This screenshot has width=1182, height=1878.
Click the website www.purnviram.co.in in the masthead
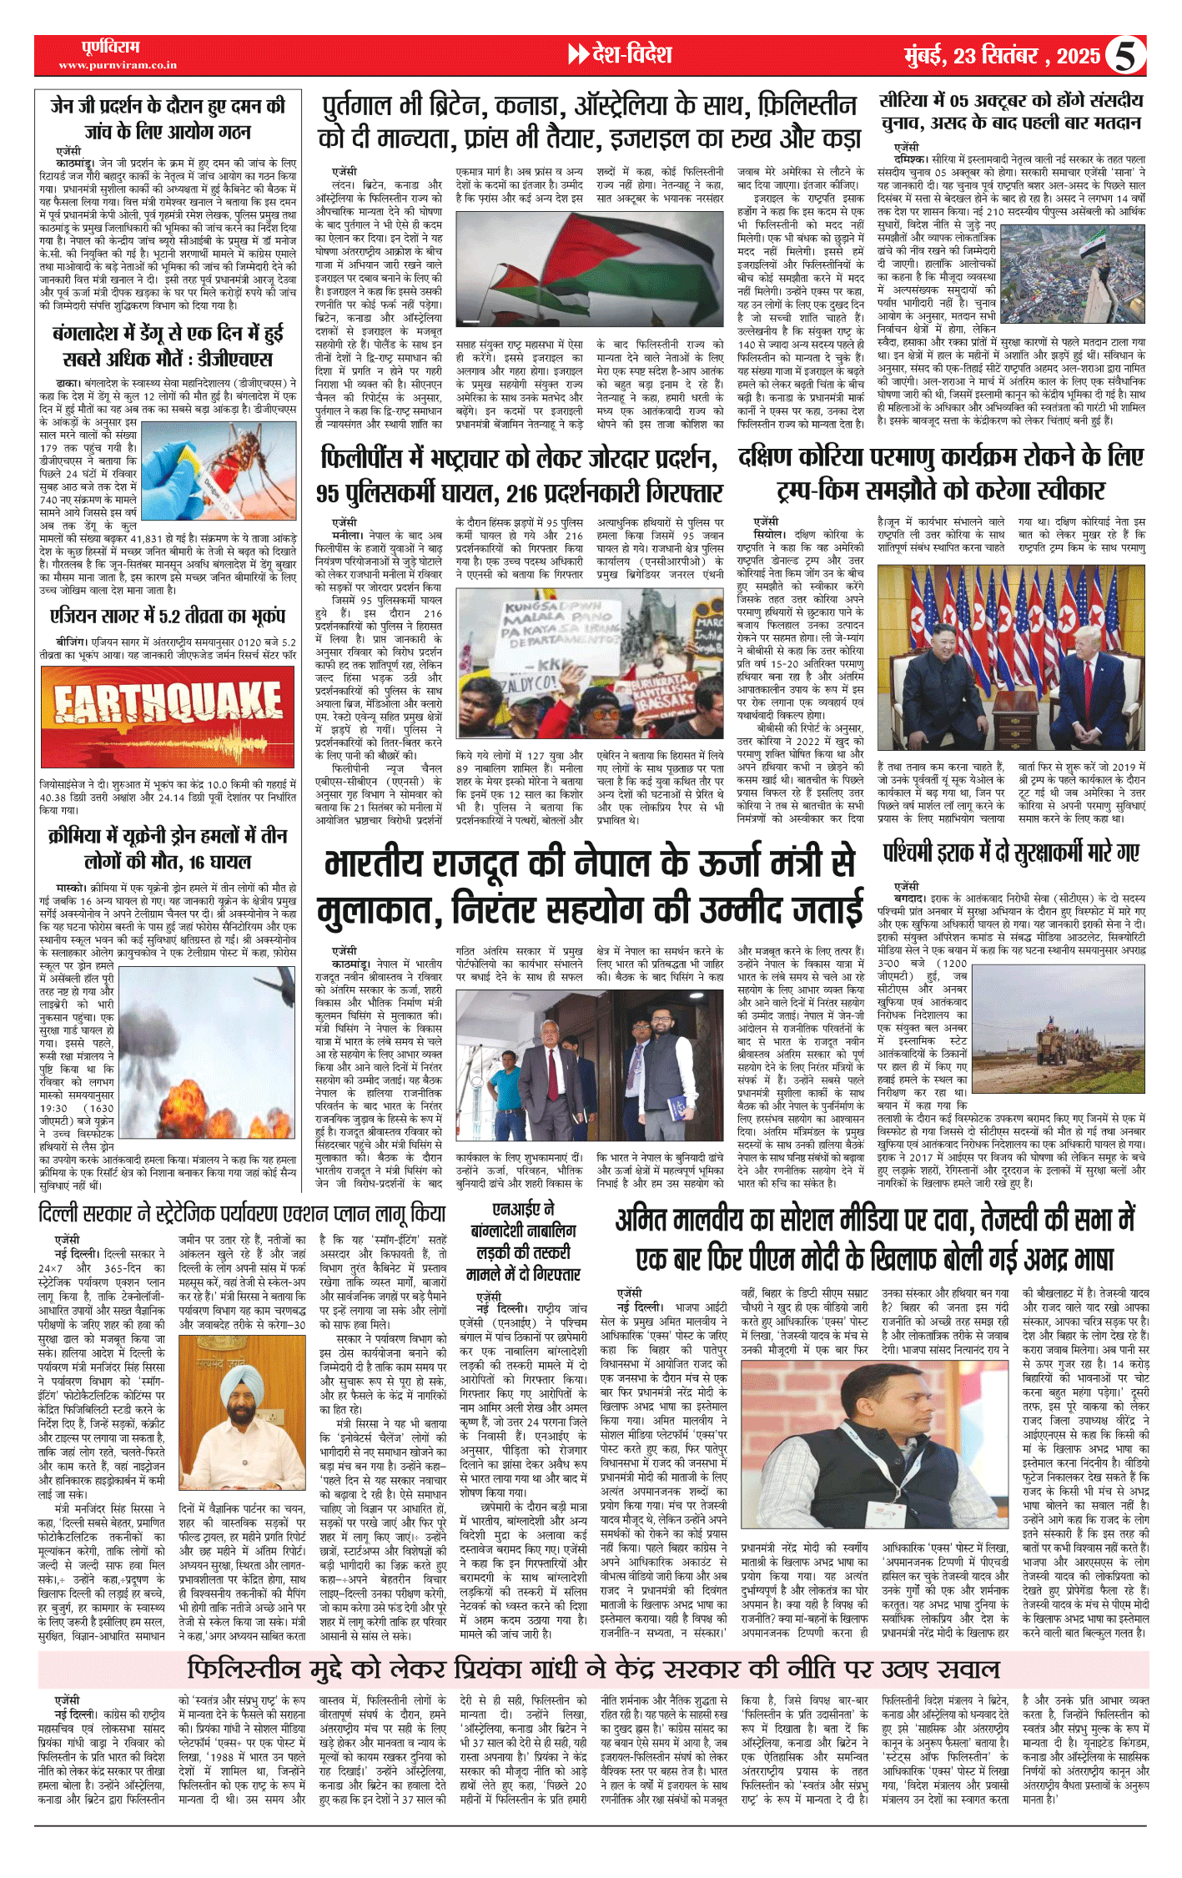118,65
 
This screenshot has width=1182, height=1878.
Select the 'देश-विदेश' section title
631,55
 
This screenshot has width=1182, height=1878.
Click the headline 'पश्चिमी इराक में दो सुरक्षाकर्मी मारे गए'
1011,853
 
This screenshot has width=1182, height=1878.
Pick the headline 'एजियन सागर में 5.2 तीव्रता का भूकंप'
168,617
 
